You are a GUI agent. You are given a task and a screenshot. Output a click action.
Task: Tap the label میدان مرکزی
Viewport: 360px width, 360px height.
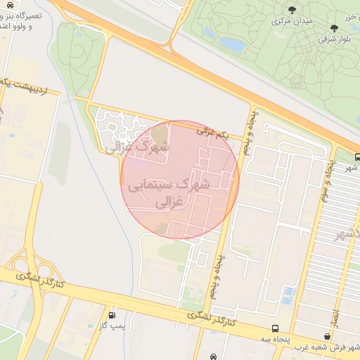tap(292, 21)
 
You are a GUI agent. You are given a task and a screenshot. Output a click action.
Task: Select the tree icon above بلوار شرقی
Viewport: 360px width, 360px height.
tap(333, 28)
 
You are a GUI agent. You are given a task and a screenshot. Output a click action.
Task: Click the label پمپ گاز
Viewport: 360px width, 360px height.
tap(112, 326)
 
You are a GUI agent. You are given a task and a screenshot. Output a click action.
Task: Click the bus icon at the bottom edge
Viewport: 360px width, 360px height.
tap(213, 356)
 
